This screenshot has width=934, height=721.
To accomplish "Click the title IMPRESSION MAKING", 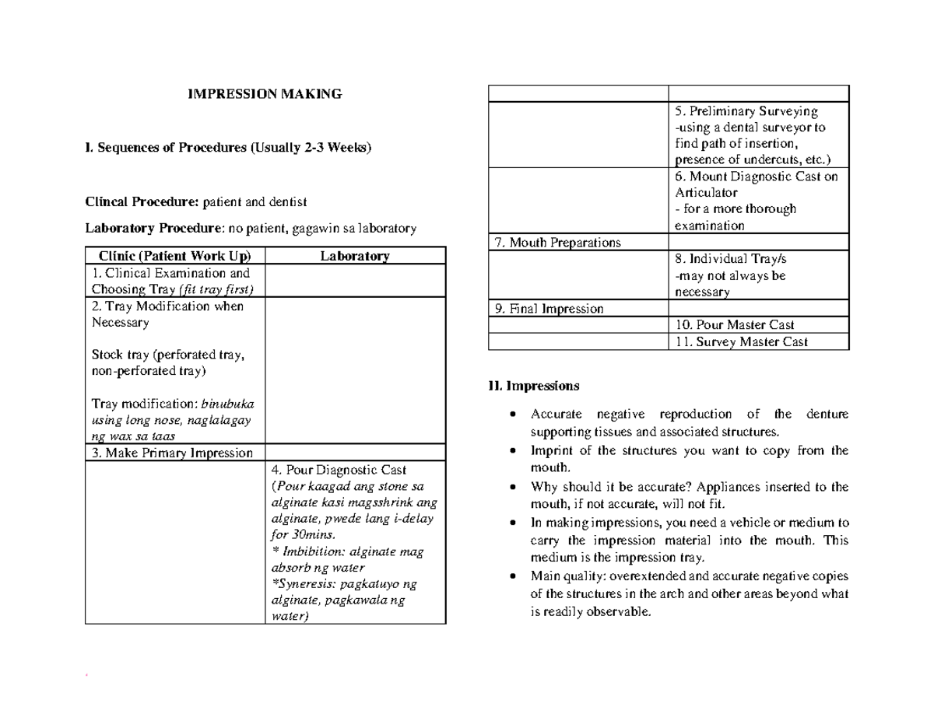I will [265, 94].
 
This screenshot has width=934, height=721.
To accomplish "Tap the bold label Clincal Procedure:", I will [142, 202].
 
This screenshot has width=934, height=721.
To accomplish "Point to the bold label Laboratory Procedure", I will [153, 229].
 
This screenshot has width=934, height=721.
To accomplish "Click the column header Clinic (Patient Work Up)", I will [174, 256].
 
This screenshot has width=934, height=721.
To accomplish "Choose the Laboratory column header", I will [355, 256].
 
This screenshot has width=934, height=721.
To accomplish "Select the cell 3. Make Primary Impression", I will [172, 453].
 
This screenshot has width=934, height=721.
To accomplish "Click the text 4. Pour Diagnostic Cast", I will [339, 470].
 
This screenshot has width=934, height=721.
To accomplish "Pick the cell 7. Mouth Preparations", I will [557, 242].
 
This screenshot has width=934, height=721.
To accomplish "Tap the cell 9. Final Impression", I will [549, 309].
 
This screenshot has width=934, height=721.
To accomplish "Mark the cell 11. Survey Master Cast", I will [741, 341].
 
